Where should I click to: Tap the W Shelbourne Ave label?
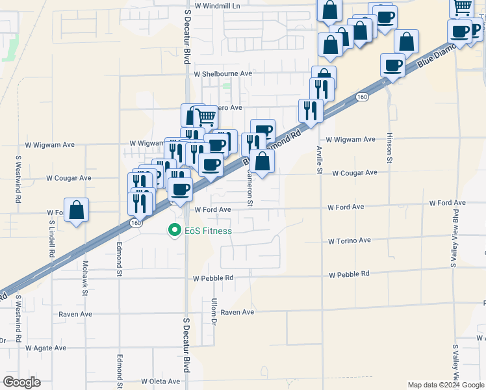[x=227, y=74]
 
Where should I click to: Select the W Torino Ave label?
[x=349, y=240]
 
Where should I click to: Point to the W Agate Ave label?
[x=46, y=348]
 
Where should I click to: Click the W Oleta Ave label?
[x=160, y=382]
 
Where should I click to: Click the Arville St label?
[x=320, y=160]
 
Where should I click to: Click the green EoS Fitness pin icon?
[x=174, y=230]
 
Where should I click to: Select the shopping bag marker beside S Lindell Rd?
[x=76, y=210]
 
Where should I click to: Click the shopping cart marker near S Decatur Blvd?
[x=205, y=117]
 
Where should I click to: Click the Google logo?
[x=21, y=382]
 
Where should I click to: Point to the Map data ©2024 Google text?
[x=446, y=385]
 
